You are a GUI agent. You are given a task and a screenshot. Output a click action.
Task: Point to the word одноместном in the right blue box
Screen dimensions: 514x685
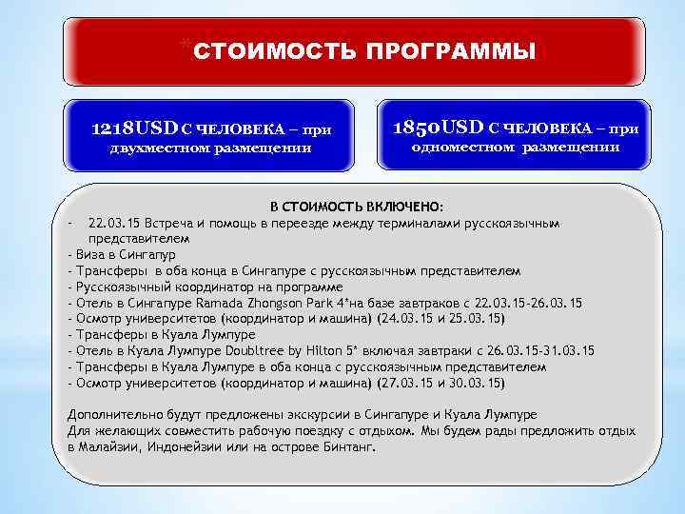pos(463,148)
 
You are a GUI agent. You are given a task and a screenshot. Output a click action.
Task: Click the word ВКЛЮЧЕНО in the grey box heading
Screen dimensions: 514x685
pos(407,207)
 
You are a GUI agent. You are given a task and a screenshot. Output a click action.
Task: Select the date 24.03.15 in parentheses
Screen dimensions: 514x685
pos(404,319)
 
